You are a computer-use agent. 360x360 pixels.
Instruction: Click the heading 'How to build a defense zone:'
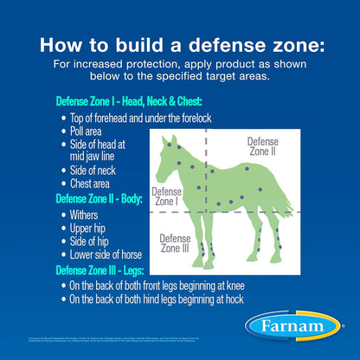(x=180, y=45)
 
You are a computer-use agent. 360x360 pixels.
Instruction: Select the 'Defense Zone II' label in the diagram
(x=263, y=146)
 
